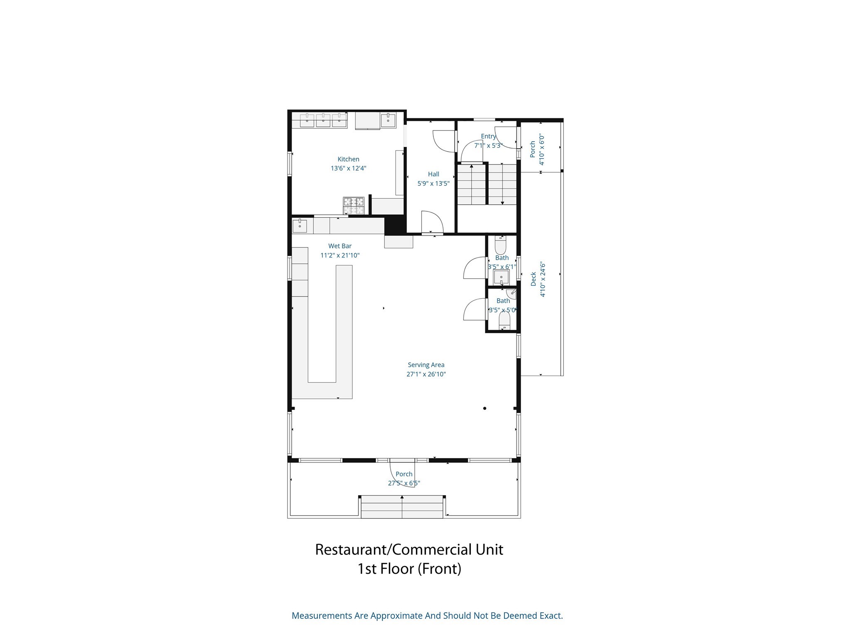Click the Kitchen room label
click(x=348, y=159)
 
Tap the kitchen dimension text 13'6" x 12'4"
click(x=348, y=168)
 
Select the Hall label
click(x=433, y=174)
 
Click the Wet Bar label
click(x=340, y=246)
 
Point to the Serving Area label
click(x=426, y=365)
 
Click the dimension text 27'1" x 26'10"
click(x=426, y=374)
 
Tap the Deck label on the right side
click(x=534, y=279)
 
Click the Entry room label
click(x=488, y=136)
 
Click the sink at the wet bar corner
click(x=300, y=226)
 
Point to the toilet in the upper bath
click(x=500, y=245)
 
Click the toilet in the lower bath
click(x=504, y=321)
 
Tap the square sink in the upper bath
click(x=502, y=277)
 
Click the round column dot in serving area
click(x=485, y=408)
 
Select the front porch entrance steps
click(x=402, y=507)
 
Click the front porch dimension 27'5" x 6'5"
click(x=404, y=483)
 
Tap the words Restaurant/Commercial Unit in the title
click(x=409, y=550)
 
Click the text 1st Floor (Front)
click(x=409, y=569)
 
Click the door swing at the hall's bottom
click(x=432, y=223)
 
